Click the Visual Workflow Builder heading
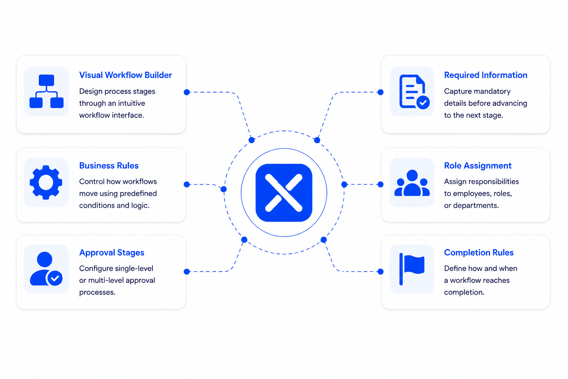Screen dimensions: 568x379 click(125, 75)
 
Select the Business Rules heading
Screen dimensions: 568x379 click(109, 165)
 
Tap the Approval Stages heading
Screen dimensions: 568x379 click(112, 252)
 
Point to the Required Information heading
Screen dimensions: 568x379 click(486, 75)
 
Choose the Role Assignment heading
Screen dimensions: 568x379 click(478, 166)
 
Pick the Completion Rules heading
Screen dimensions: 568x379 click(479, 252)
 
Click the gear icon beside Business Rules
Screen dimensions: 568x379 click(46, 182)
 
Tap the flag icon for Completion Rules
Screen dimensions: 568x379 click(412, 269)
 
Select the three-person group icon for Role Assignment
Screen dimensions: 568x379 click(412, 183)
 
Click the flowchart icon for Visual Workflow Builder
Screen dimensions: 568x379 click(46, 91)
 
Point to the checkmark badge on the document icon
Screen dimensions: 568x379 click(423, 103)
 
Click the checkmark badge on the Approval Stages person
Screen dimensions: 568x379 click(55, 278)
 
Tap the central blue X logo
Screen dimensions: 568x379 click(284, 193)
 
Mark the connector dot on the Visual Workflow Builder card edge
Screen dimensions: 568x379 click(187, 92)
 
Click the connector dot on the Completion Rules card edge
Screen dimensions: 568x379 click(381, 272)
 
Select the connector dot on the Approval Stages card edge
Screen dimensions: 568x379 click(187, 272)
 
